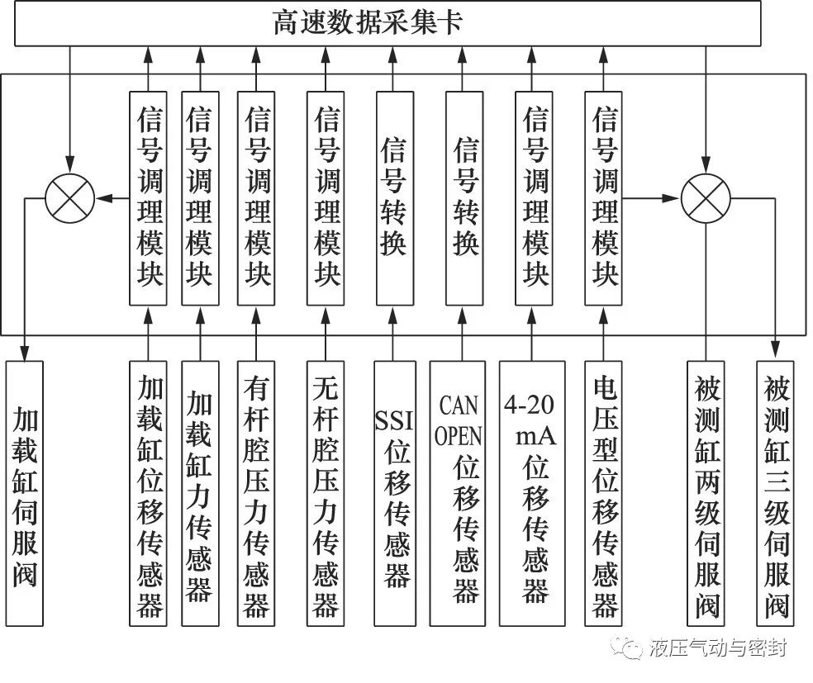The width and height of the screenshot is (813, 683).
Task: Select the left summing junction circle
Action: tap(70, 198)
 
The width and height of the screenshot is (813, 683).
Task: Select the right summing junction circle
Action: tap(706, 198)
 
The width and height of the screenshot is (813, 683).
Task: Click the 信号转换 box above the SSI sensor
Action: tap(394, 198)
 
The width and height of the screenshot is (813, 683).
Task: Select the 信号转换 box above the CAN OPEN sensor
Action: tap(464, 198)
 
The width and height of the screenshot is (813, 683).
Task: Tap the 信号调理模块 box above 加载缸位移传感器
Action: tap(150, 198)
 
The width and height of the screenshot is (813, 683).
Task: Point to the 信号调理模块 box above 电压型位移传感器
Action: tap(604, 198)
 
